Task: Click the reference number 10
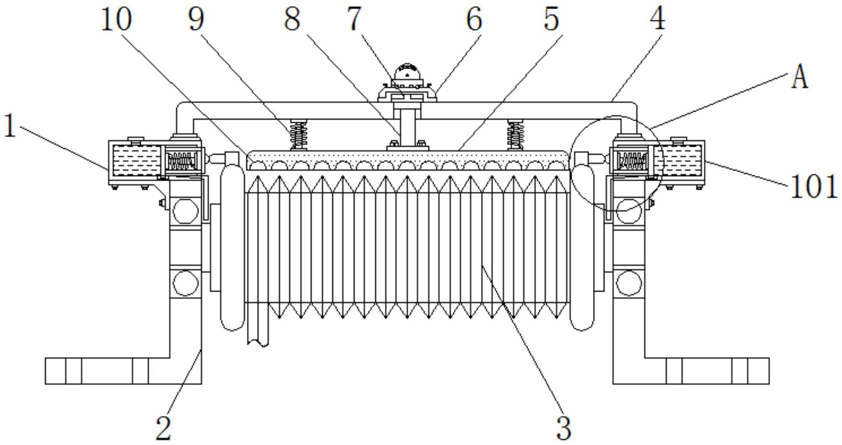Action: tap(116, 20)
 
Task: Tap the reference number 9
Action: tap(196, 20)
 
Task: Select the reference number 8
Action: tap(292, 20)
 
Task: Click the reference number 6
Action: tap(475, 20)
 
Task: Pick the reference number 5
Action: tap(551, 20)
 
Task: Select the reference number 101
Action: tap(814, 187)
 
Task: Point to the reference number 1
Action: tap(10, 126)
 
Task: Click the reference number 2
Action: tap(164, 428)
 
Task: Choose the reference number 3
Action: tap(564, 428)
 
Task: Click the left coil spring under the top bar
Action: tap(299, 134)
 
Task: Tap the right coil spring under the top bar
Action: tap(516, 134)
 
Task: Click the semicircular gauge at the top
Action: tap(407, 72)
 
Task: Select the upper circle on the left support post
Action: tap(186, 211)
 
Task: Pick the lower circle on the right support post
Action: tap(628, 283)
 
